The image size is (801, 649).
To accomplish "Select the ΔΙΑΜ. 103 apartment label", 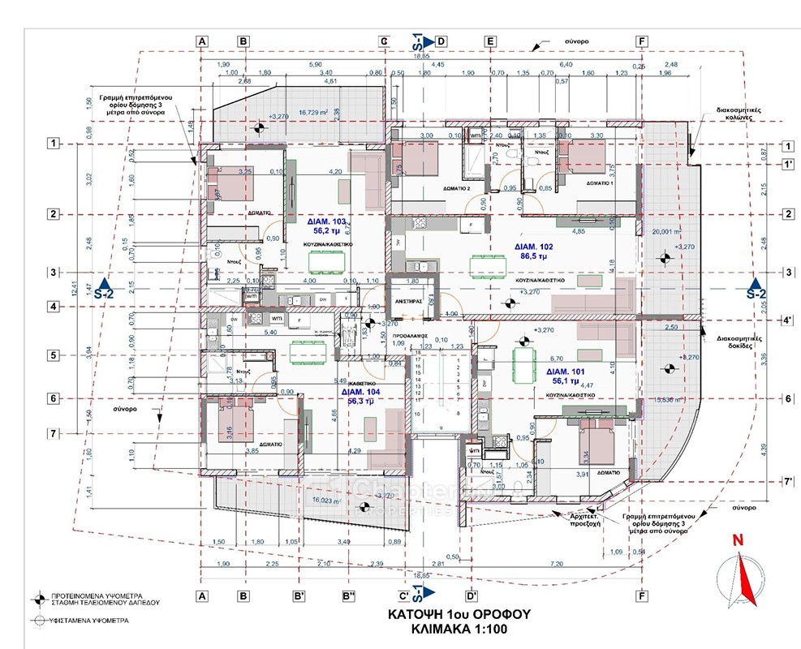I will pyautogui.click(x=327, y=221).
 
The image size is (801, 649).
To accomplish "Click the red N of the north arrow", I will pyautogui.click(x=737, y=539).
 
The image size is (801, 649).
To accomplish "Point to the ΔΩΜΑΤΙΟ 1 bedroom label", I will pyautogui.click(x=577, y=183).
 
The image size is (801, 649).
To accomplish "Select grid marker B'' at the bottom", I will pyautogui.click(x=350, y=596).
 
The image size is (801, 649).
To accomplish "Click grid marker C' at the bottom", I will pyautogui.click(x=403, y=596).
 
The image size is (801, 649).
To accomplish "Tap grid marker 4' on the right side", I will pyautogui.click(x=786, y=320).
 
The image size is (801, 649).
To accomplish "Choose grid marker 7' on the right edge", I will pyautogui.click(x=786, y=480).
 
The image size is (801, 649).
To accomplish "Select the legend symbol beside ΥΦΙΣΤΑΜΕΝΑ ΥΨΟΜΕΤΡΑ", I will pyautogui.click(x=37, y=620).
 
